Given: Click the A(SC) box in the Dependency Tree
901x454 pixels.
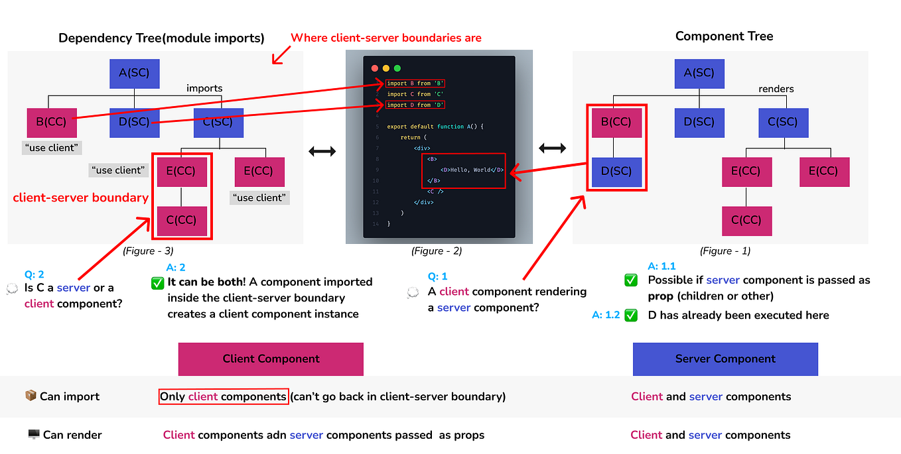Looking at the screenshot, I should [x=134, y=74].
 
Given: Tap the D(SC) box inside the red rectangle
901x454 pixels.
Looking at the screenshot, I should [x=616, y=171].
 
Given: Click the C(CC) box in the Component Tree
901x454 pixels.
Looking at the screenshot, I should [x=746, y=221].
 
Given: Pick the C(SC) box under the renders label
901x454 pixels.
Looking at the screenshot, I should [x=784, y=122].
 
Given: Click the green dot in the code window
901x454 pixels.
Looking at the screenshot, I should [x=397, y=68].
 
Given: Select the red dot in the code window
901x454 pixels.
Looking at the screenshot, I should [x=374, y=68].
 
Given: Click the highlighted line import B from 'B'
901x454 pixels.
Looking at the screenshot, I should [x=415, y=84].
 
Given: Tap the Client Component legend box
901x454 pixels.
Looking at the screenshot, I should [x=271, y=359].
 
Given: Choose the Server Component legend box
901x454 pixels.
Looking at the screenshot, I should [x=725, y=359].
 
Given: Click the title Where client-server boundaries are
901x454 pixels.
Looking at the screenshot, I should [x=386, y=38].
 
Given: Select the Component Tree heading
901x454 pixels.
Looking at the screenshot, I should [x=724, y=36].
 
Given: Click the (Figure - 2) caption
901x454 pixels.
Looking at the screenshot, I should [x=437, y=251].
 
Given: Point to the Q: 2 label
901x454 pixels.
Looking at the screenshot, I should [x=35, y=274].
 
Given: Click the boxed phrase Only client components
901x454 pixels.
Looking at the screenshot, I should [x=224, y=396].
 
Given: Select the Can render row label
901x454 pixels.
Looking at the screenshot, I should [x=72, y=435].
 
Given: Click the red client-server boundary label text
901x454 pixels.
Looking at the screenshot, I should [x=80, y=198].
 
